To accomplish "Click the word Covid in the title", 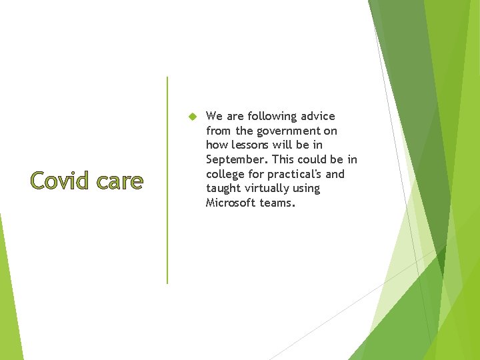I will pyautogui.click(x=57, y=181).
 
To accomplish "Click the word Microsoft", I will pyautogui.click(x=231, y=203).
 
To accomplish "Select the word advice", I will pyautogui.click(x=317, y=117).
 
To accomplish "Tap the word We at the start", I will pyautogui.click(x=214, y=117).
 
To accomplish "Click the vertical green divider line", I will pyautogui.click(x=167, y=180).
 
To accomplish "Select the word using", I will pyautogui.click(x=305, y=189).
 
